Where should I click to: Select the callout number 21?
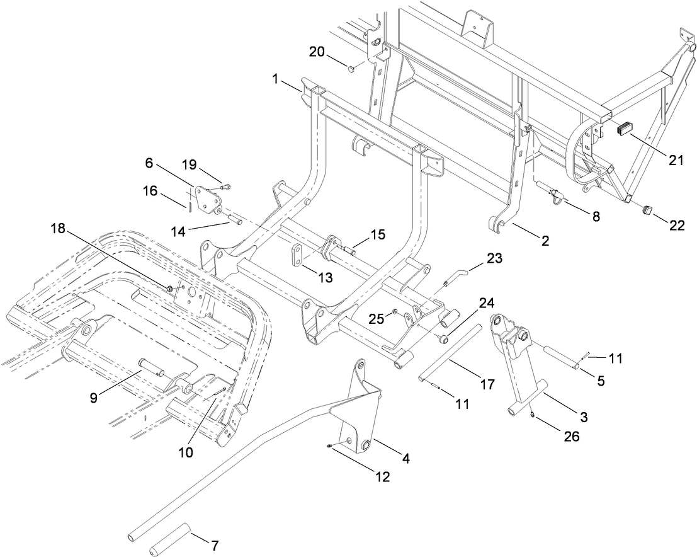(x=676, y=161)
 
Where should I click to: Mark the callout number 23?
(x=493, y=259)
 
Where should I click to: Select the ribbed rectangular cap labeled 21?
(x=624, y=129)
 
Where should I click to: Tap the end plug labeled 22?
(x=647, y=210)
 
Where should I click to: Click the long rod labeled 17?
(x=452, y=353)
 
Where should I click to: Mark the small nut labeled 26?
(x=533, y=414)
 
